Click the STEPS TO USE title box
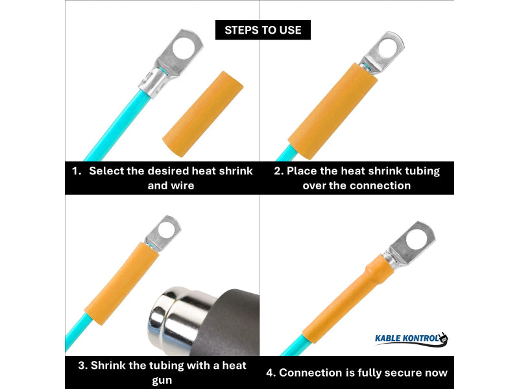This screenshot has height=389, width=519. (263, 30)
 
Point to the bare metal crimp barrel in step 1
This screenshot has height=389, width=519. (156, 81)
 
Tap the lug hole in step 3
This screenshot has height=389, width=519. (167, 228)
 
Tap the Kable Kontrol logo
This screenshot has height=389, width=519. (411, 338)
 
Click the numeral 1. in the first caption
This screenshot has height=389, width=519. (77, 171)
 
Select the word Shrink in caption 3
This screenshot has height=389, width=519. (111, 365)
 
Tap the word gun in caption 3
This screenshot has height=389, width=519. (162, 380)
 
